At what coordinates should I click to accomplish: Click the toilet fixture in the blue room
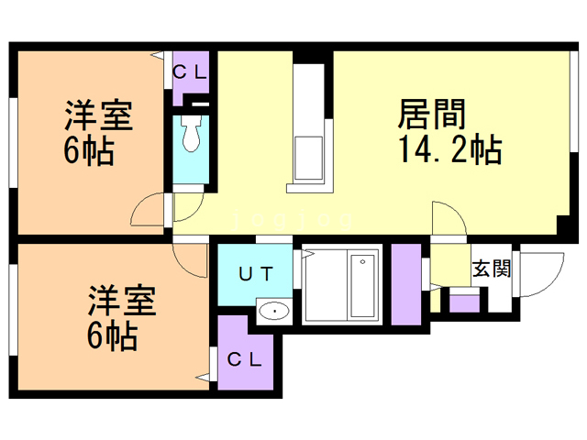(x=192, y=136)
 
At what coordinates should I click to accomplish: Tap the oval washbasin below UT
(x=274, y=313)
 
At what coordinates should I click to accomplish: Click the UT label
(x=258, y=272)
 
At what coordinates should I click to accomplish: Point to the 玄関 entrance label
(x=492, y=269)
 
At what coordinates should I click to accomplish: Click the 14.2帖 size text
(x=449, y=148)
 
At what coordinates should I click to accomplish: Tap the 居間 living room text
(x=432, y=115)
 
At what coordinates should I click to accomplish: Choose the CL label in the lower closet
(x=245, y=359)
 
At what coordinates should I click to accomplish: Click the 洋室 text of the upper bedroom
(x=98, y=117)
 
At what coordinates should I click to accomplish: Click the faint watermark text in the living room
(x=293, y=221)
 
